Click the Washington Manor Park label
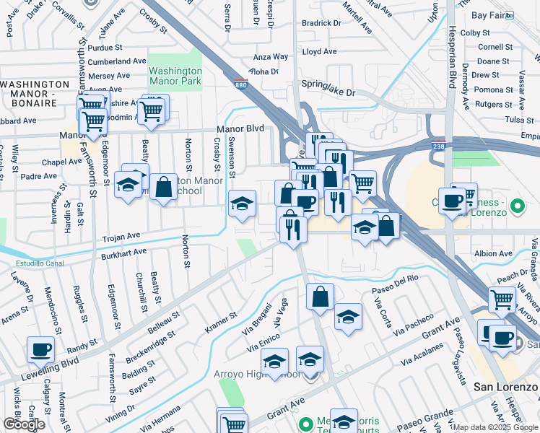pyautogui.click(x=175, y=76)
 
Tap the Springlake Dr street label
pyautogui.click(x=329, y=93)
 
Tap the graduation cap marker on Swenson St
pyautogui.click(x=242, y=204)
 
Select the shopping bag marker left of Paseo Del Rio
pyautogui.click(x=320, y=297)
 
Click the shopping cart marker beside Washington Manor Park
pyautogui.click(x=152, y=111)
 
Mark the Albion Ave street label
pyautogui.click(x=493, y=254)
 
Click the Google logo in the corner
pyautogui.click(x=24, y=424)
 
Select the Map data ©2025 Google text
pyautogui.click(x=495, y=427)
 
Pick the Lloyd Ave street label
pyautogui.click(x=319, y=52)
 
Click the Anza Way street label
pyautogui.click(x=271, y=57)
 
